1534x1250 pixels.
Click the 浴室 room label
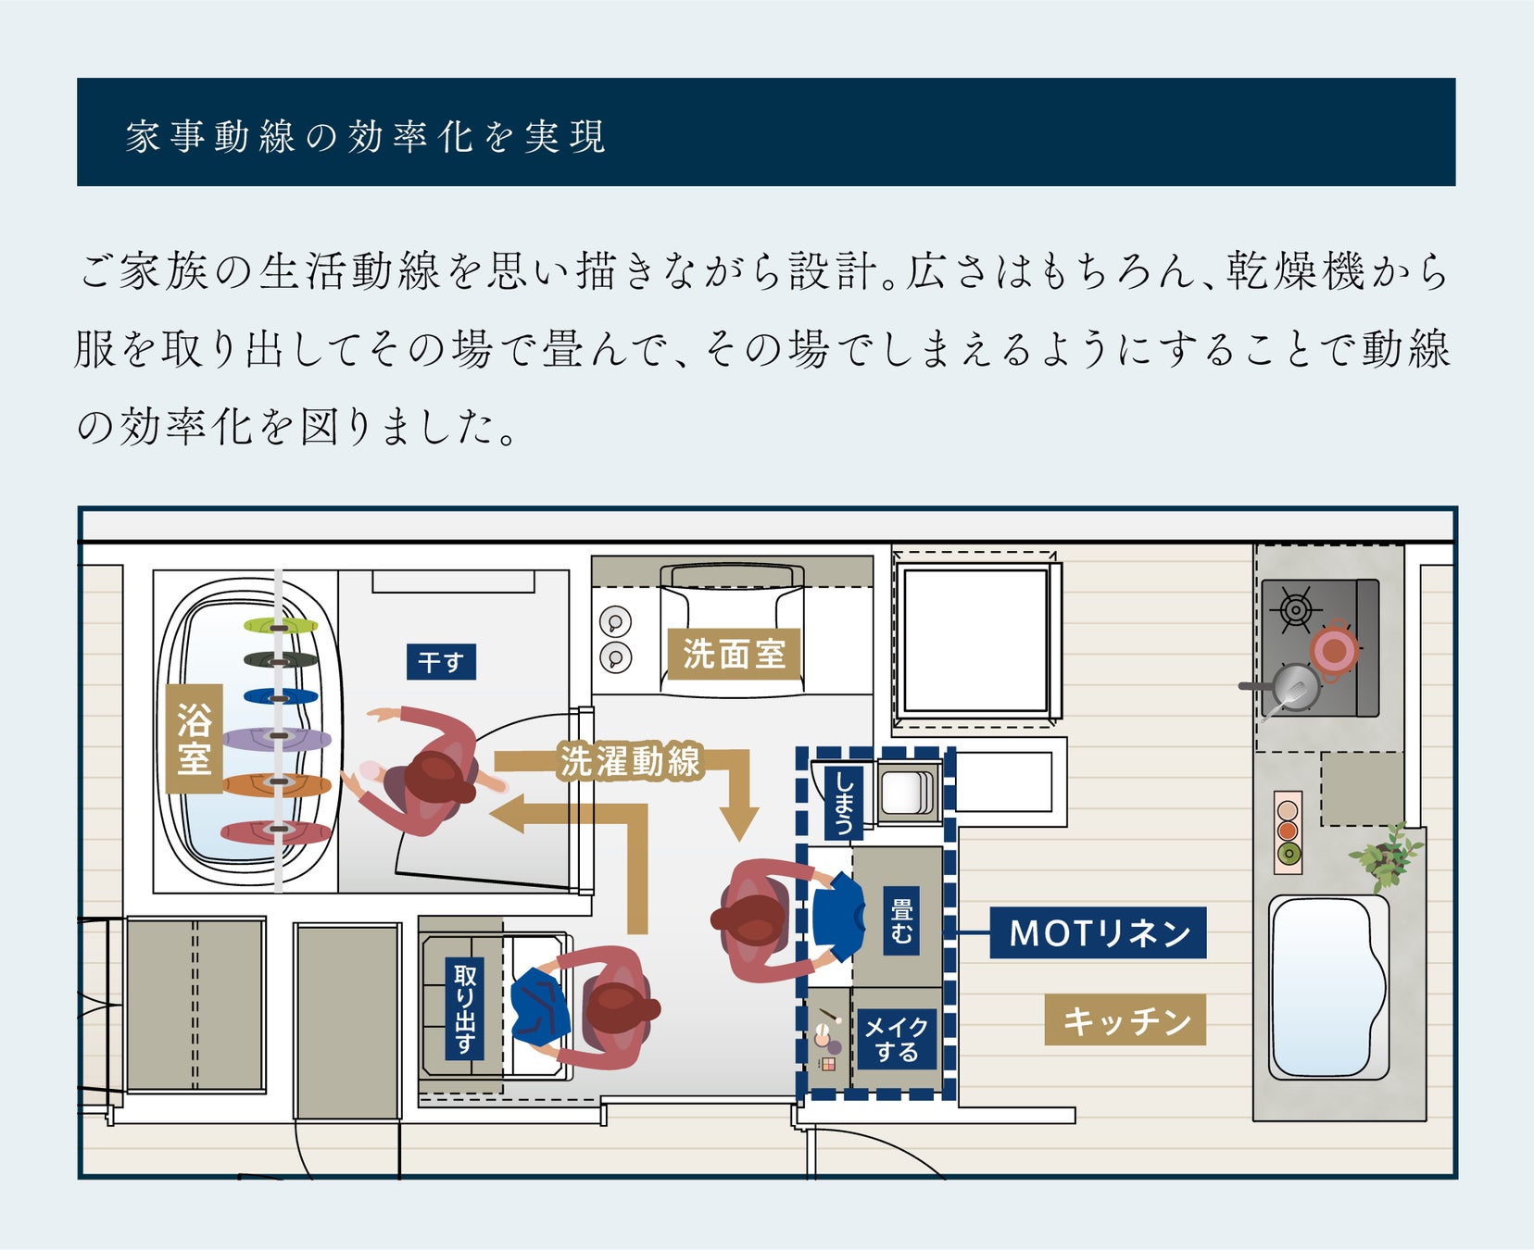click(x=194, y=738)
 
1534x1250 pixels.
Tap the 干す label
click(x=441, y=662)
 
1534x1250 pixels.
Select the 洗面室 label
click(x=734, y=654)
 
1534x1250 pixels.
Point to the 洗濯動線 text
click(x=630, y=761)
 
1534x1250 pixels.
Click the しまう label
click(x=843, y=802)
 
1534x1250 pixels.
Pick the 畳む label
click(x=901, y=919)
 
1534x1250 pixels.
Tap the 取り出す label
click(x=465, y=1009)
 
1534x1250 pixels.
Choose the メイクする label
click(x=896, y=1039)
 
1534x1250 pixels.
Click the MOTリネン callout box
click(x=1099, y=932)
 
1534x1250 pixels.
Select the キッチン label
click(x=1125, y=1019)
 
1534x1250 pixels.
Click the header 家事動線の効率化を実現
click(x=366, y=136)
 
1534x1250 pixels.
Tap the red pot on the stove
click(x=1335, y=650)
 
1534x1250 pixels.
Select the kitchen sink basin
click(x=1329, y=985)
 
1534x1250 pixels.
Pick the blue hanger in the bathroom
click(x=281, y=696)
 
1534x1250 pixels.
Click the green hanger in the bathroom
click(x=281, y=626)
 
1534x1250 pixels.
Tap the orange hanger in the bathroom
click(x=279, y=785)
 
